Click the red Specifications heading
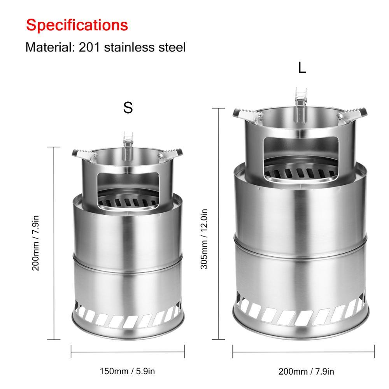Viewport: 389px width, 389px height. (77, 25)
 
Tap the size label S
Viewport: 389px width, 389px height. (128, 108)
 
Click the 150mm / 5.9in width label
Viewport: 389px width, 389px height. (128, 371)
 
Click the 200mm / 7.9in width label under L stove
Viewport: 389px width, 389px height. (306, 371)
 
